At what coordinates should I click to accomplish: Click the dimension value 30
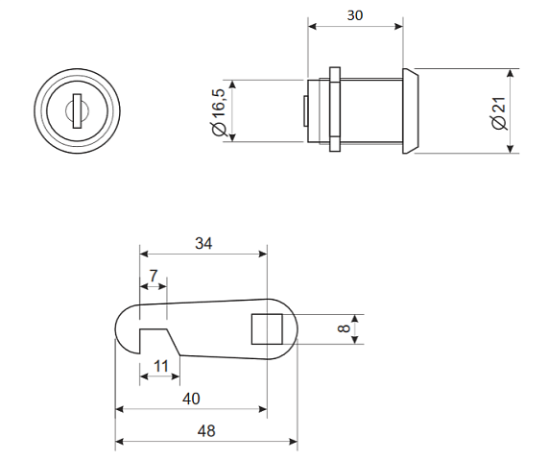pyautogui.click(x=355, y=15)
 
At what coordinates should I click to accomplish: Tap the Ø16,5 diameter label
pyautogui.click(x=219, y=112)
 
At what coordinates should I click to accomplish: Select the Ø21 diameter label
pyautogui.click(x=499, y=113)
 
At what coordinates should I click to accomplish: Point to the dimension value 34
pyautogui.click(x=203, y=243)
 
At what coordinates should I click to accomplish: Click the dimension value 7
pyautogui.click(x=154, y=276)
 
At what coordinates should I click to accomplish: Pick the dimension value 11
pyautogui.click(x=161, y=366)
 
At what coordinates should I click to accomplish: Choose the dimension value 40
pyautogui.click(x=191, y=399)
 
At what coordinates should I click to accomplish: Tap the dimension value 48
pyautogui.click(x=206, y=431)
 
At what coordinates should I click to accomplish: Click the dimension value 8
pyautogui.click(x=344, y=328)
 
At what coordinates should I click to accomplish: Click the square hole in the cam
pyautogui.click(x=267, y=328)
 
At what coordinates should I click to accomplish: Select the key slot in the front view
pyautogui.click(x=77, y=110)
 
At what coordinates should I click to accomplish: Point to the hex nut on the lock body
pyautogui.click(x=335, y=109)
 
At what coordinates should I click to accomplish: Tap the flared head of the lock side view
pyautogui.click(x=410, y=110)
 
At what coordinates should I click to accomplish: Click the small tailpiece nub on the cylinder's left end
pyautogui.click(x=305, y=110)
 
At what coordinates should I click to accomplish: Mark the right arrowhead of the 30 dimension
pyautogui.click(x=398, y=26)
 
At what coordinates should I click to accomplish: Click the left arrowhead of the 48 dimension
pyautogui.click(x=120, y=442)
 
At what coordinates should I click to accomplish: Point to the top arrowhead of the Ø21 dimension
pyautogui.click(x=511, y=73)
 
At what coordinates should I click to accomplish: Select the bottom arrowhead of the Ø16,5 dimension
pyautogui.click(x=233, y=137)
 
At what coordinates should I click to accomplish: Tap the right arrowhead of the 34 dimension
pyautogui.click(x=262, y=254)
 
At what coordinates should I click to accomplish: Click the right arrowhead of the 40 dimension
pyautogui.click(x=262, y=409)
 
